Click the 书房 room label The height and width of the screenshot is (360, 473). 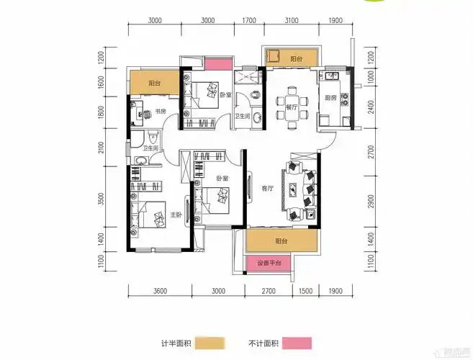click(x=160, y=112)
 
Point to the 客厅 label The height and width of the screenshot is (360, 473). click(x=267, y=189)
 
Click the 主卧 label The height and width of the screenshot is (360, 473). click(x=175, y=215)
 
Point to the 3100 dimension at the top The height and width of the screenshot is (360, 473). click(x=292, y=22)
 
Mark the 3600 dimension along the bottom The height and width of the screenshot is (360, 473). click(x=160, y=291)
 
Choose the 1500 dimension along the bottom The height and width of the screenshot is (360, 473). click(x=305, y=291)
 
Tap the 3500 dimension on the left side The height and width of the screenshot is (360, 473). click(x=102, y=199)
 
